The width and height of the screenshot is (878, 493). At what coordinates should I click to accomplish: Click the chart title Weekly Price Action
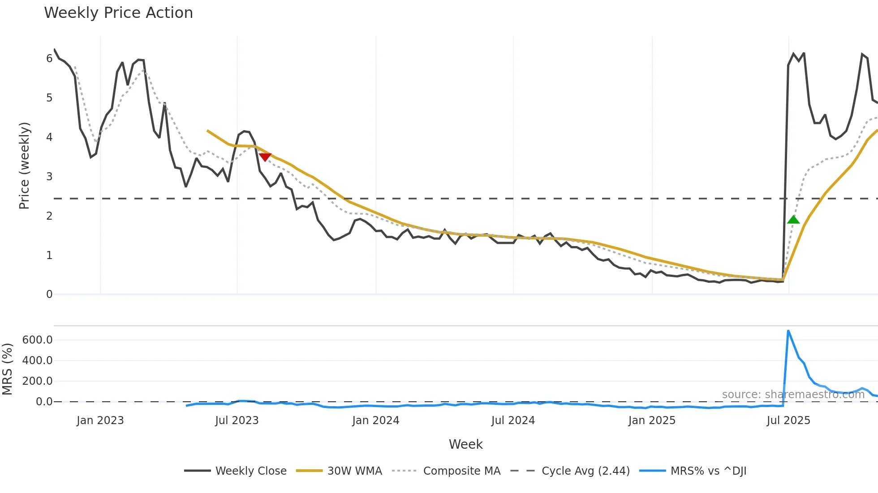click(118, 13)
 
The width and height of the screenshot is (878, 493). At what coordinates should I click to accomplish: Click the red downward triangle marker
click(265, 157)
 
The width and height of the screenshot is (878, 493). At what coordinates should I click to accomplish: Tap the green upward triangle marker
click(793, 219)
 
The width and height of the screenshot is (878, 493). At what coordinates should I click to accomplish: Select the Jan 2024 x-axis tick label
click(375, 421)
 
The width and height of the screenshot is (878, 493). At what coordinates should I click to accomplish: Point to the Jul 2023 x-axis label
click(237, 421)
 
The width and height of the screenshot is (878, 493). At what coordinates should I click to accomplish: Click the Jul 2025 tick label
click(788, 421)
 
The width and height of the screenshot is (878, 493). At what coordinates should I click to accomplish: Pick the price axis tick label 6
click(49, 59)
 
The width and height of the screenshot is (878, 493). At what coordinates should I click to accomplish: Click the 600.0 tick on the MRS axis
click(37, 340)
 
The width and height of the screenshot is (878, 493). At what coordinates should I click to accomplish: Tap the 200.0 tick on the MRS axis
click(37, 381)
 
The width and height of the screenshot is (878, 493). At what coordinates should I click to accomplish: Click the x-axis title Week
click(465, 444)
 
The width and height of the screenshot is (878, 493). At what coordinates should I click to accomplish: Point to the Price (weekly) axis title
click(24, 166)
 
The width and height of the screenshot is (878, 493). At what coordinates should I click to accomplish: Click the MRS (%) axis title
click(7, 369)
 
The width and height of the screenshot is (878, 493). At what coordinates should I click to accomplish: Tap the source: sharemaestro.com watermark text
click(793, 395)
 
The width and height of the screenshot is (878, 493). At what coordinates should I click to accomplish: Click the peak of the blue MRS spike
click(788, 331)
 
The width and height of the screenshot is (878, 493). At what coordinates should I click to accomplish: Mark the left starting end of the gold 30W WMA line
click(207, 131)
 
